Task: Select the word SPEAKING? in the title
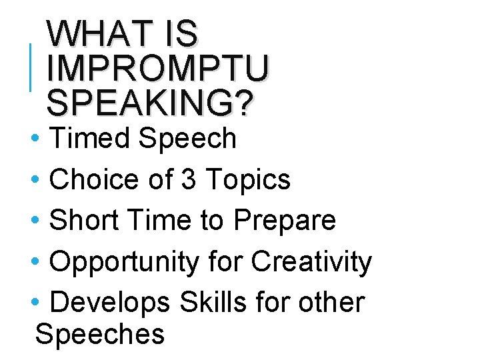(x=151, y=103)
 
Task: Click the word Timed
(x=90, y=139)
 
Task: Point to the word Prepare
(x=285, y=220)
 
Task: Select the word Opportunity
(x=124, y=261)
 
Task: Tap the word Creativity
(x=311, y=261)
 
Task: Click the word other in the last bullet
(x=331, y=302)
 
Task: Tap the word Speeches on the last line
(x=100, y=333)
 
